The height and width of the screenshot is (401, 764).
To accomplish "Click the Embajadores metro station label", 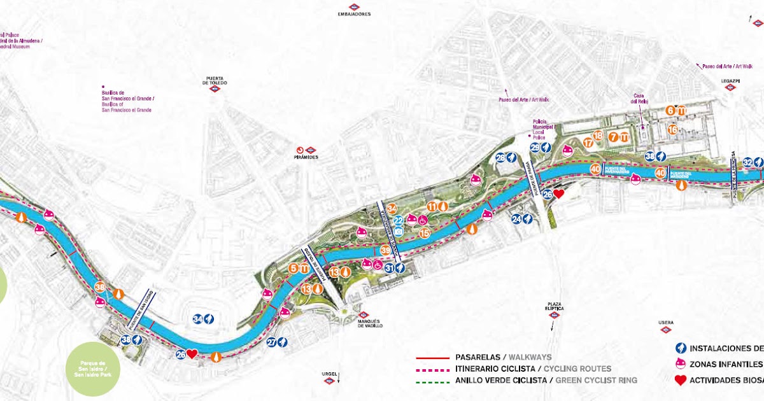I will click(x=355, y=14).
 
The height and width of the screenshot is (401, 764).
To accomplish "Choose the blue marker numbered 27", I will click(x=272, y=342).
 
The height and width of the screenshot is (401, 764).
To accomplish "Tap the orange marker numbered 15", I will click(x=425, y=233).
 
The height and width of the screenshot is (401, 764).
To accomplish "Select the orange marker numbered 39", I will click(x=385, y=251).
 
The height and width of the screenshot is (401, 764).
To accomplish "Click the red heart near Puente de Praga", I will click(x=558, y=193).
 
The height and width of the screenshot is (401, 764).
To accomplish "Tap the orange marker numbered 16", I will click(x=673, y=129).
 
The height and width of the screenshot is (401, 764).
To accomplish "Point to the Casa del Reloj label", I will click(x=639, y=99).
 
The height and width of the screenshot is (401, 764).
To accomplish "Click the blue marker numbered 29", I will click(x=535, y=148).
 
